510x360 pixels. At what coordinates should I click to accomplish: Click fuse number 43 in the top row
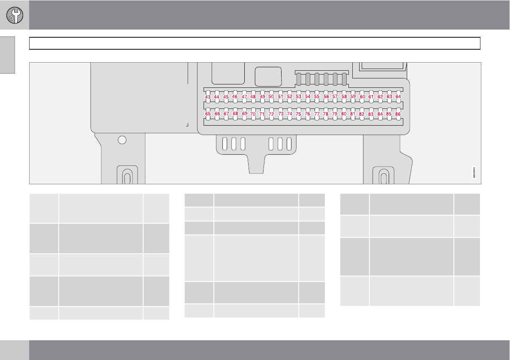207,97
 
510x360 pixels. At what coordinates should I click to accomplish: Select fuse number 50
271,97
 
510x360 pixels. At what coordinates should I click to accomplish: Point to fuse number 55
317,97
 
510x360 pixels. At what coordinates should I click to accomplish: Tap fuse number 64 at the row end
398,97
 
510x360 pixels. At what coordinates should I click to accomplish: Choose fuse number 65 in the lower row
208,114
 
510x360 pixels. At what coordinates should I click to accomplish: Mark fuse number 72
271,114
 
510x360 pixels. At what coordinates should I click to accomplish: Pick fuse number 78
326,114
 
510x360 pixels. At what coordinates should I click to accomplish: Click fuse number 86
398,114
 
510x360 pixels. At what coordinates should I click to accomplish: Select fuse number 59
353,97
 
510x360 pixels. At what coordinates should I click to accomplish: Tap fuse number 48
253,97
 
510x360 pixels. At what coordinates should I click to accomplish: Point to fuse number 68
235,114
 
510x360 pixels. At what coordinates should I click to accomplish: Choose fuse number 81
353,114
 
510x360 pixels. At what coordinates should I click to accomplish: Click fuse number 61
371,97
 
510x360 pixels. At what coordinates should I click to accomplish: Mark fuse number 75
298,114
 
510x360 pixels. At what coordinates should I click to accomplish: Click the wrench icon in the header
15,15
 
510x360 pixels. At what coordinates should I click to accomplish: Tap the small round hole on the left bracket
122,140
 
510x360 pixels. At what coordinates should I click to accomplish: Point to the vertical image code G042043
474,172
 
